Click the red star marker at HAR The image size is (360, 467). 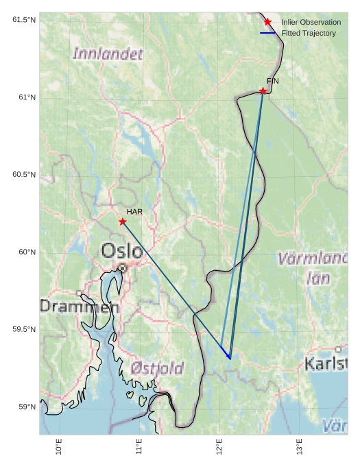(x=122, y=221)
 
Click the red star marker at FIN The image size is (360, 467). (x=263, y=91)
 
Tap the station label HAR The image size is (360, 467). (x=134, y=212)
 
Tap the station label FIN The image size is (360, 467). (x=273, y=81)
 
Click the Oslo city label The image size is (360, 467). (x=122, y=251)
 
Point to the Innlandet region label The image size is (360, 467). (x=108, y=53)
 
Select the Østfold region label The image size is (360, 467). (x=157, y=369)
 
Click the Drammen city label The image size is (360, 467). (x=79, y=307)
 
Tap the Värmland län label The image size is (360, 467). (x=315, y=268)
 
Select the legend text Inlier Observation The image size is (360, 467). (x=311, y=23)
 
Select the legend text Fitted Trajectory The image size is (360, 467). (x=309, y=33)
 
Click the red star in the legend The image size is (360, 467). (x=267, y=23)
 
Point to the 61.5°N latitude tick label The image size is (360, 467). (x=23, y=20)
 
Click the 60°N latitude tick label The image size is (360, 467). (x=26, y=252)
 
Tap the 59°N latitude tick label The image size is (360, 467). (x=26, y=407)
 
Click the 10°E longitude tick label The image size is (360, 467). (x=59, y=446)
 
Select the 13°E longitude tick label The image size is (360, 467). (x=300, y=446)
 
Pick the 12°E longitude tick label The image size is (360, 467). (x=219, y=446)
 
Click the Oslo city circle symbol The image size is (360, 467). (x=122, y=267)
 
